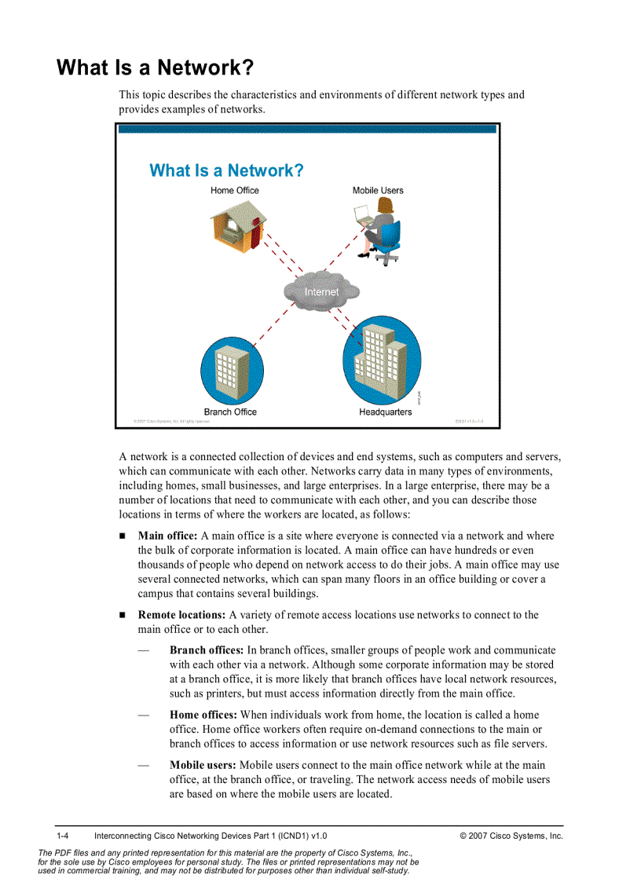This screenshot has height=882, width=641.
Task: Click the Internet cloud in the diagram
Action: pos(321,291)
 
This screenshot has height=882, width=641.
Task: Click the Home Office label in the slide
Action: pos(234,190)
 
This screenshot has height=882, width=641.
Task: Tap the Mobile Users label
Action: pos(378,190)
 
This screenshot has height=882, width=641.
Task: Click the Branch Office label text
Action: pos(230,412)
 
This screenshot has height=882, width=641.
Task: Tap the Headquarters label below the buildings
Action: pos(385,412)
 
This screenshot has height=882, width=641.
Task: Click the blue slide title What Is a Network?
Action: pos(226,170)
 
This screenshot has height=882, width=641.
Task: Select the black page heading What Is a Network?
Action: pos(155,68)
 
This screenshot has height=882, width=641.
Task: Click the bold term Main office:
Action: pos(167,536)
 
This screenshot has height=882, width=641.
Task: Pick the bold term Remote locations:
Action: pos(181,615)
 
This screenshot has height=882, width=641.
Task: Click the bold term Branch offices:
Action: pos(207,650)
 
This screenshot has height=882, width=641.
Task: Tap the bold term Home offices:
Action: pos(203,715)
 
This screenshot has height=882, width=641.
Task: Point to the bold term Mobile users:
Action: pos(203,765)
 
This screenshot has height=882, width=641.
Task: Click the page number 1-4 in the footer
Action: pos(63,836)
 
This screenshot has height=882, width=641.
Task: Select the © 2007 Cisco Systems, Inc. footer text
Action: pos(511,836)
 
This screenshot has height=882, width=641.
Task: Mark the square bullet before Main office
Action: pos(123,536)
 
